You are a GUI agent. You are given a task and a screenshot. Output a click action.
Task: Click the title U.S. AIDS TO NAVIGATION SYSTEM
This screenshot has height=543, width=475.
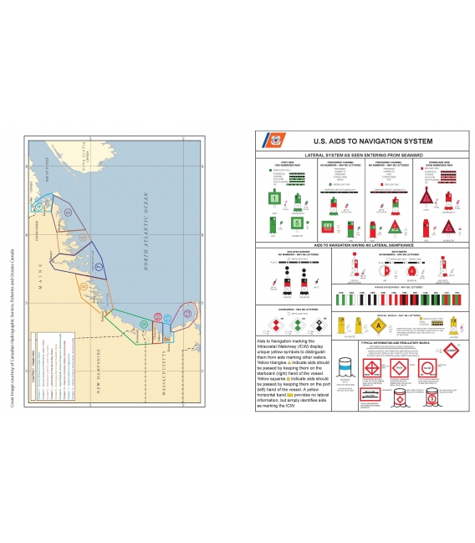tap(361, 142)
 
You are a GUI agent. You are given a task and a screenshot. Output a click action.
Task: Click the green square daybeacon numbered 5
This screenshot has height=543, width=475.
tap(297, 224)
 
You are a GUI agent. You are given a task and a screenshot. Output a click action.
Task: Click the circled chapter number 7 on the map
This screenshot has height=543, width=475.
tap(98, 266)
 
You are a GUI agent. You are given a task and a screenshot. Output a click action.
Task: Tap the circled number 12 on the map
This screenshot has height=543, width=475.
tap(187, 314)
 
